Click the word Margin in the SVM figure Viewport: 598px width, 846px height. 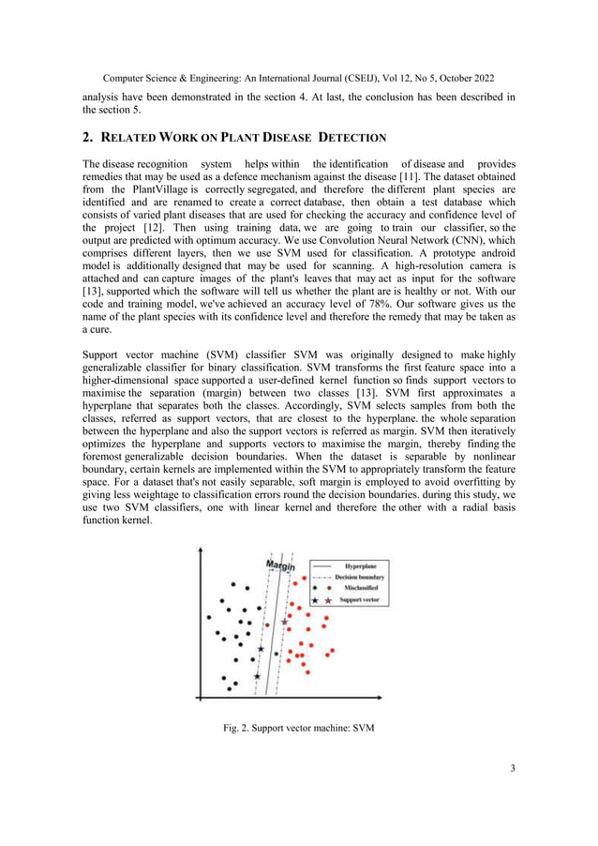pos(281,565)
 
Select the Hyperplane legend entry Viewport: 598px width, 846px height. pos(360,567)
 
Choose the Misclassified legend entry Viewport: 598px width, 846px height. pos(360,587)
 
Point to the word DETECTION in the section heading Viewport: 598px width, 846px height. pos(327,139)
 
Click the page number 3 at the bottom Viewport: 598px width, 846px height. pos(512,769)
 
